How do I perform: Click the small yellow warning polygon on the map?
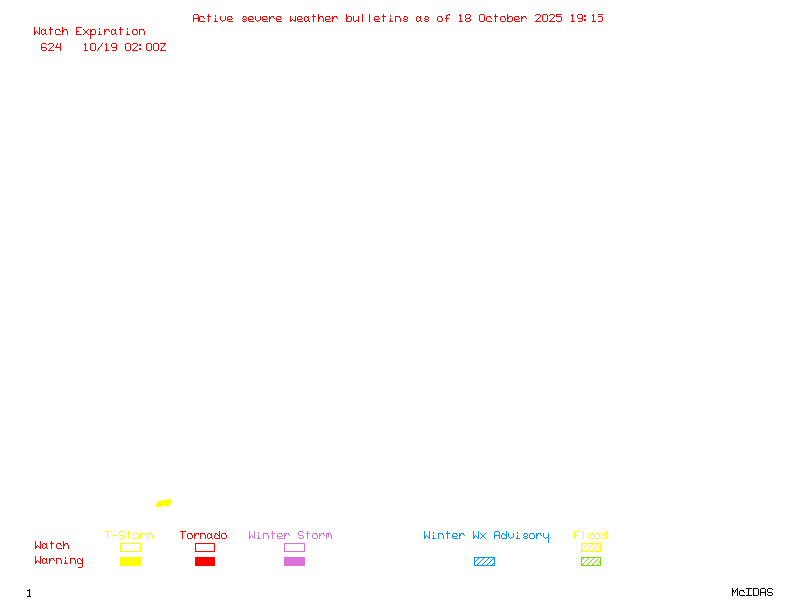click(x=164, y=503)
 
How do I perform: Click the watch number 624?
click(x=51, y=47)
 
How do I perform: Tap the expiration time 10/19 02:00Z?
click(x=124, y=47)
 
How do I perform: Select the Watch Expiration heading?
click(x=89, y=32)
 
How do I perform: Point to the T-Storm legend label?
click(x=129, y=536)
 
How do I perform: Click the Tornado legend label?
click(x=203, y=536)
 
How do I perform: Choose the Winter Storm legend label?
click(x=290, y=536)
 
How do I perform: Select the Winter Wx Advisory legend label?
click(x=486, y=536)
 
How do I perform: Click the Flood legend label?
click(x=591, y=536)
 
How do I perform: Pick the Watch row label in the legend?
click(x=52, y=546)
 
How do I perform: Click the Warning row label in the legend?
click(x=59, y=561)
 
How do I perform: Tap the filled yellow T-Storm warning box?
click(x=130, y=561)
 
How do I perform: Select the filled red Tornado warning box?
click(x=204, y=561)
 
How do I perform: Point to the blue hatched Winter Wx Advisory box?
click(x=484, y=561)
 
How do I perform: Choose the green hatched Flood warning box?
click(x=591, y=561)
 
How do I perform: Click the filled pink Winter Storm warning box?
click(x=294, y=561)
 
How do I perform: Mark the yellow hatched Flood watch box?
click(x=591, y=547)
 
